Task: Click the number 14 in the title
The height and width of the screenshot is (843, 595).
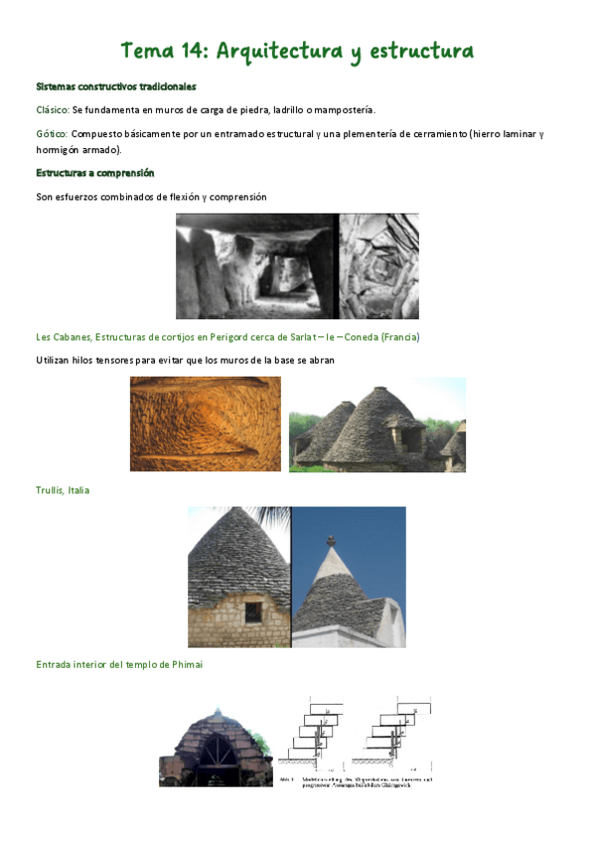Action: (x=194, y=51)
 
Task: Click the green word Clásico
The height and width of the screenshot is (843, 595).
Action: (x=52, y=109)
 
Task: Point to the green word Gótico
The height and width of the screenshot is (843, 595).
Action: (x=51, y=133)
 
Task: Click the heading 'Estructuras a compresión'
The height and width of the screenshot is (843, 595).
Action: (x=95, y=173)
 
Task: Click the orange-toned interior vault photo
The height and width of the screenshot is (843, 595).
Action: (x=205, y=423)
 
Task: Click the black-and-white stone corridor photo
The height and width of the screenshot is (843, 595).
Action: (x=257, y=266)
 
